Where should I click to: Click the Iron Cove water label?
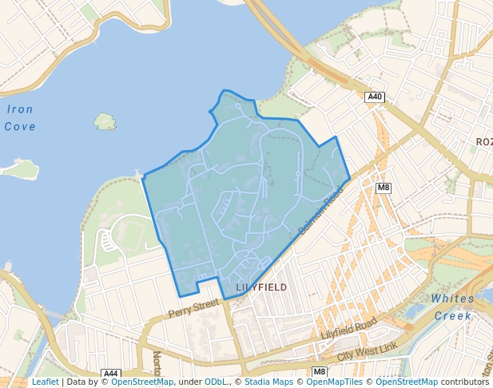point(19,117)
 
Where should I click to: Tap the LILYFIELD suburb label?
point(261,287)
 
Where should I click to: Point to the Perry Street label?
point(193,308)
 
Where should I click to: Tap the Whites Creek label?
point(452,307)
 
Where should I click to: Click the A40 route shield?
point(375,97)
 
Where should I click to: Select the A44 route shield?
point(111,373)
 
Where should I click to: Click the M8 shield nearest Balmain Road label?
point(384,188)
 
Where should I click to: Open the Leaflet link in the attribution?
point(45,382)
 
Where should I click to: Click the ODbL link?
point(216,382)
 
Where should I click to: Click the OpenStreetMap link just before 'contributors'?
point(406,382)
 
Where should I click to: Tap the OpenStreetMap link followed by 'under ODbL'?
point(142,382)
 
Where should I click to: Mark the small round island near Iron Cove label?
point(105,121)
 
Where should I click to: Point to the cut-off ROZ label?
point(483,141)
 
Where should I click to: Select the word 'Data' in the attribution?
point(77,382)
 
